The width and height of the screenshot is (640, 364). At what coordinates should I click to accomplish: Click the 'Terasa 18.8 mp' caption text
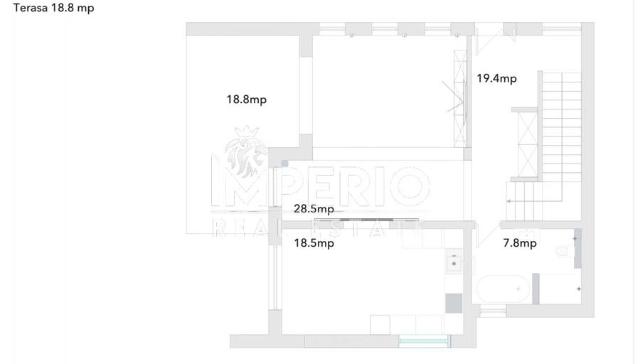[53, 8]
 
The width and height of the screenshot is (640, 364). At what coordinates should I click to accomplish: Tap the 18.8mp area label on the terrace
[247, 99]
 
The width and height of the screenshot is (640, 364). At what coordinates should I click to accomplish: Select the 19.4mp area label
[497, 78]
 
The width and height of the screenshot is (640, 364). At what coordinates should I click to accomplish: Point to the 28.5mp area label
[314, 208]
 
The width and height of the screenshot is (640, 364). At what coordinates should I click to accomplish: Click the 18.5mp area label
[314, 243]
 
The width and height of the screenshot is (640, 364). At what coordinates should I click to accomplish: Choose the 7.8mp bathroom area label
[520, 243]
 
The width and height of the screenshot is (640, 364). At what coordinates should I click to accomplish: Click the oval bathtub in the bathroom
[503, 289]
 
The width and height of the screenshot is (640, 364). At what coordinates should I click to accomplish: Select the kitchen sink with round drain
[454, 261]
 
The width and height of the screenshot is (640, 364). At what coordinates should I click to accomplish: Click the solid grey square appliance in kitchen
[454, 303]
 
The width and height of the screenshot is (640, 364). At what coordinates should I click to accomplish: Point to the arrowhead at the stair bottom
[508, 201]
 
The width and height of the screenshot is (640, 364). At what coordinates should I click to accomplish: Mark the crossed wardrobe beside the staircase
[528, 144]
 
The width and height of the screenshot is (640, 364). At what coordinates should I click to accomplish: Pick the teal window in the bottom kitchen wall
[424, 341]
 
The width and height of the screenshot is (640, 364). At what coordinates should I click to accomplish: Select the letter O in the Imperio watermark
[409, 186]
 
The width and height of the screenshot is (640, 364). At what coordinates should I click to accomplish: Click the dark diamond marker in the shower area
[578, 289]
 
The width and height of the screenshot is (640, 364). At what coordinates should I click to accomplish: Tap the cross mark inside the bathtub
[518, 289]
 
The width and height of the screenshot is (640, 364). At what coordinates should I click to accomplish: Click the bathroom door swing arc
[486, 237]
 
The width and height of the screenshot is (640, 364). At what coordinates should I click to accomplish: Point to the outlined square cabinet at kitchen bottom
[380, 324]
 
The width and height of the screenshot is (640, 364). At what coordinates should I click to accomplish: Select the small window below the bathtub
[493, 312]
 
